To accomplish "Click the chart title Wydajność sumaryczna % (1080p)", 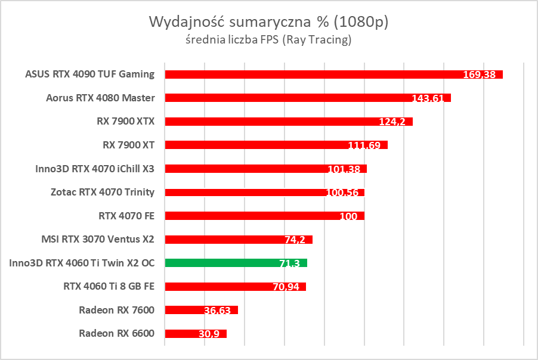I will click(268, 23).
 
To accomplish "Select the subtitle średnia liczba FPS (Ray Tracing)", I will click(268, 41).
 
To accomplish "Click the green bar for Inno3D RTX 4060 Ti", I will click(236, 262).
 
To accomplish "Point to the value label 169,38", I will click(481, 75).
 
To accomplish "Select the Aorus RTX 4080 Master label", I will click(100, 98).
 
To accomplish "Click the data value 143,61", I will click(428, 98).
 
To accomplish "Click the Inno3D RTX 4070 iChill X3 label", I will click(95, 169).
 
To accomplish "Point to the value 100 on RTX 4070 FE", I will click(348, 216).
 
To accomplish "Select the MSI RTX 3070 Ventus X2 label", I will click(98, 239).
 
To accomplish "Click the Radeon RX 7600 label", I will click(116, 310).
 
